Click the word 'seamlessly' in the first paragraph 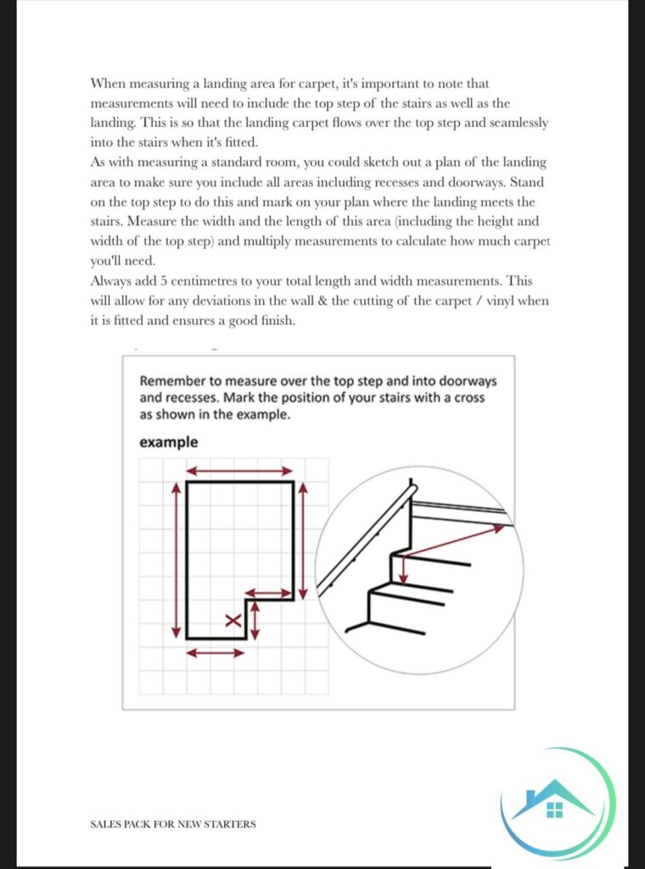tap(513, 122)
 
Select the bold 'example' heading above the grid tap(169, 442)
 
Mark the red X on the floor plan tap(233, 620)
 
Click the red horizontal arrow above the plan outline tap(240, 470)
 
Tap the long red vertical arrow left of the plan tap(176, 559)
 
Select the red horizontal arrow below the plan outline tap(216, 652)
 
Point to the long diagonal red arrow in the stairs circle tap(450, 541)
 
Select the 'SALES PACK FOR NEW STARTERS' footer tap(172, 824)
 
